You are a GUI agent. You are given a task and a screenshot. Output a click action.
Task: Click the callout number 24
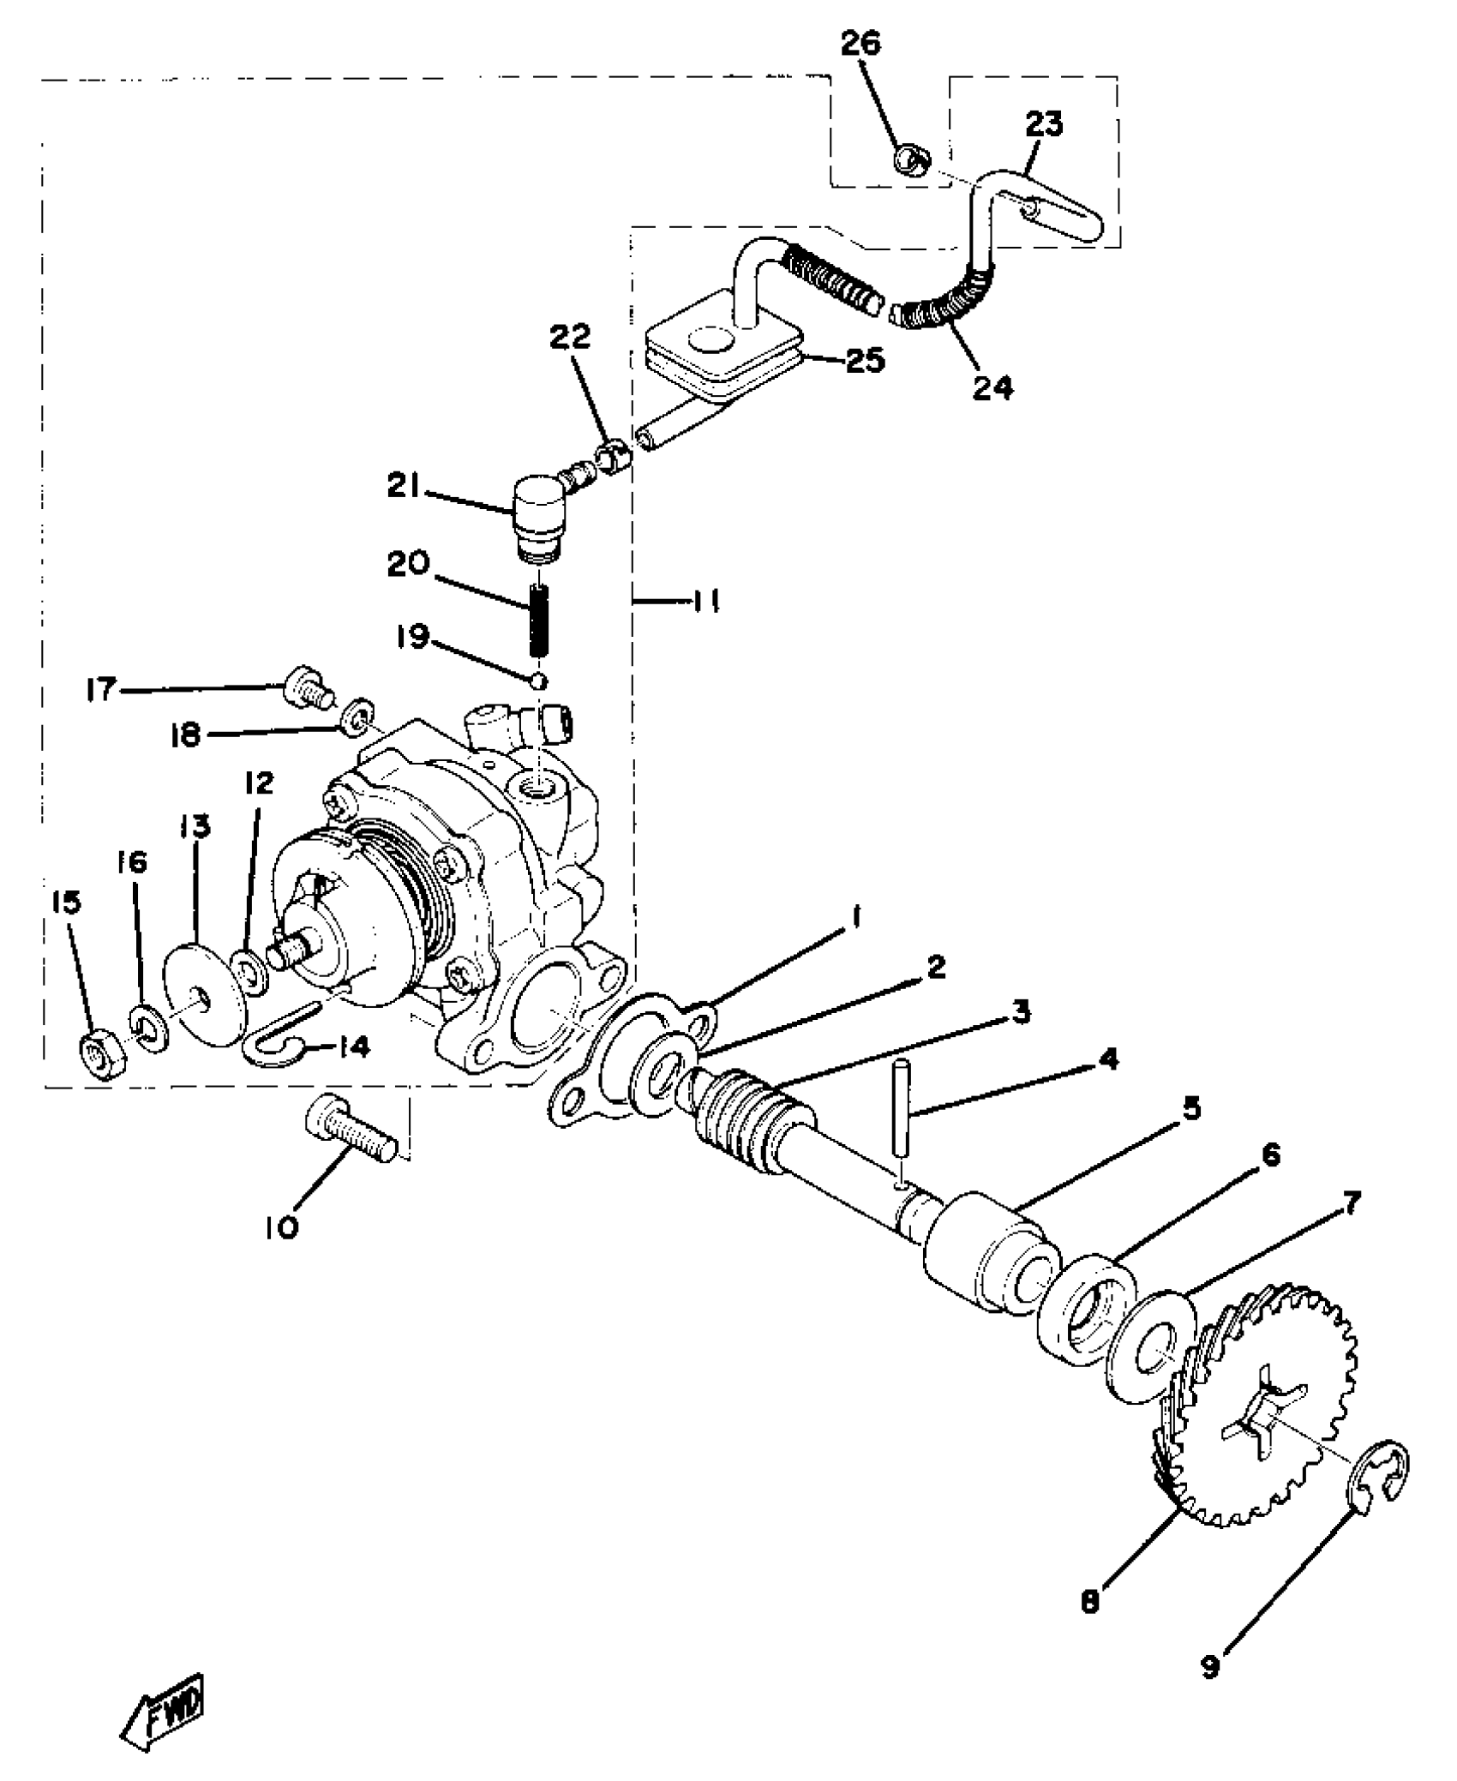coord(993,387)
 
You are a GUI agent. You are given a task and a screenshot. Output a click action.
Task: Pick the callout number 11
coord(705,603)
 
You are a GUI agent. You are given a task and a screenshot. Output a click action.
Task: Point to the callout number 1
coord(854,918)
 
